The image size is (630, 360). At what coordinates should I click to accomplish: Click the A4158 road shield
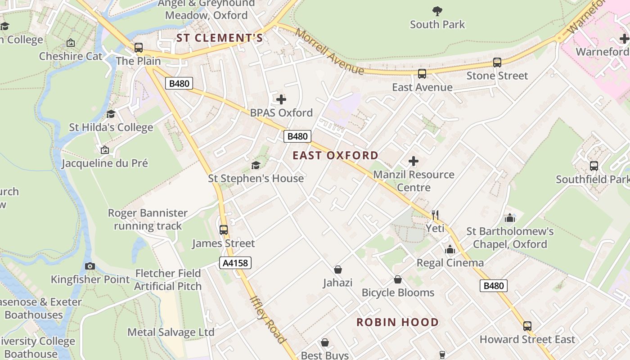(x=235, y=263)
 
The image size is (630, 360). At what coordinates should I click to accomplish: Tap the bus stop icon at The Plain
(x=139, y=47)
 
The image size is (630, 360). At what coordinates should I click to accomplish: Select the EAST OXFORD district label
(x=335, y=155)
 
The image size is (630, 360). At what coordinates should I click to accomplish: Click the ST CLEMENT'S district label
(x=219, y=38)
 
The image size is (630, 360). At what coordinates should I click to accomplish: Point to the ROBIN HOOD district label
(x=397, y=322)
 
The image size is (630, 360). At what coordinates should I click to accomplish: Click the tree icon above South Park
(x=437, y=11)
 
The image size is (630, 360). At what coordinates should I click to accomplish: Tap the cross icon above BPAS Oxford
(x=281, y=99)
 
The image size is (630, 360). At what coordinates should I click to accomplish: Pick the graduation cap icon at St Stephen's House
(x=256, y=165)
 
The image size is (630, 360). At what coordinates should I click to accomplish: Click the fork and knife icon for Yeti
(x=435, y=215)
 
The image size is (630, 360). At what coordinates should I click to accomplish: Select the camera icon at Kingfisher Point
(x=90, y=266)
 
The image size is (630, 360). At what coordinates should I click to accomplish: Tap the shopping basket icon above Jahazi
(x=337, y=270)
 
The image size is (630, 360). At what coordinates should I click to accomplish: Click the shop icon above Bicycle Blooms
(x=398, y=279)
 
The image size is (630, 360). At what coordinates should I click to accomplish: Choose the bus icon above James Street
(x=224, y=230)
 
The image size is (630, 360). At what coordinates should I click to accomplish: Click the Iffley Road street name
(x=268, y=319)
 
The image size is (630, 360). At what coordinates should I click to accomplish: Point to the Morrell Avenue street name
(x=330, y=52)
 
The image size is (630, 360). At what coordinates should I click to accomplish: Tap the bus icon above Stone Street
(x=497, y=63)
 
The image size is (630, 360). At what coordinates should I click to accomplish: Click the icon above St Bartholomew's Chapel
(x=509, y=218)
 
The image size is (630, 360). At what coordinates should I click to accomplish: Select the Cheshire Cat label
(x=71, y=56)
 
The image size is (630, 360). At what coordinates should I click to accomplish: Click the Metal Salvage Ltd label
(x=171, y=332)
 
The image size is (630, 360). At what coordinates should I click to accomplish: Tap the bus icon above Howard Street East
(x=527, y=326)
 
